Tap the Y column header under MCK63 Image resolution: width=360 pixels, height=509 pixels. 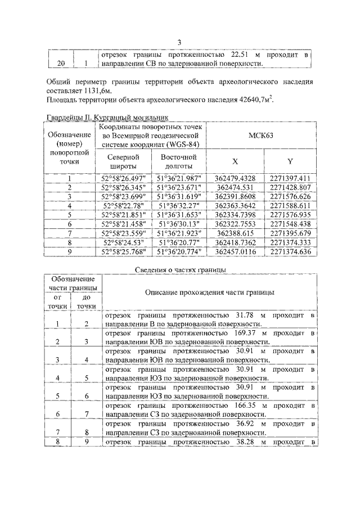(x=290, y=161)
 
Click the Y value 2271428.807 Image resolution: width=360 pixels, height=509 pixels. (x=290, y=187)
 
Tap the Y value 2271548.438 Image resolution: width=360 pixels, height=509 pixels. (x=290, y=223)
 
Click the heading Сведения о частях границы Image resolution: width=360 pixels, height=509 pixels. (x=181, y=270)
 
